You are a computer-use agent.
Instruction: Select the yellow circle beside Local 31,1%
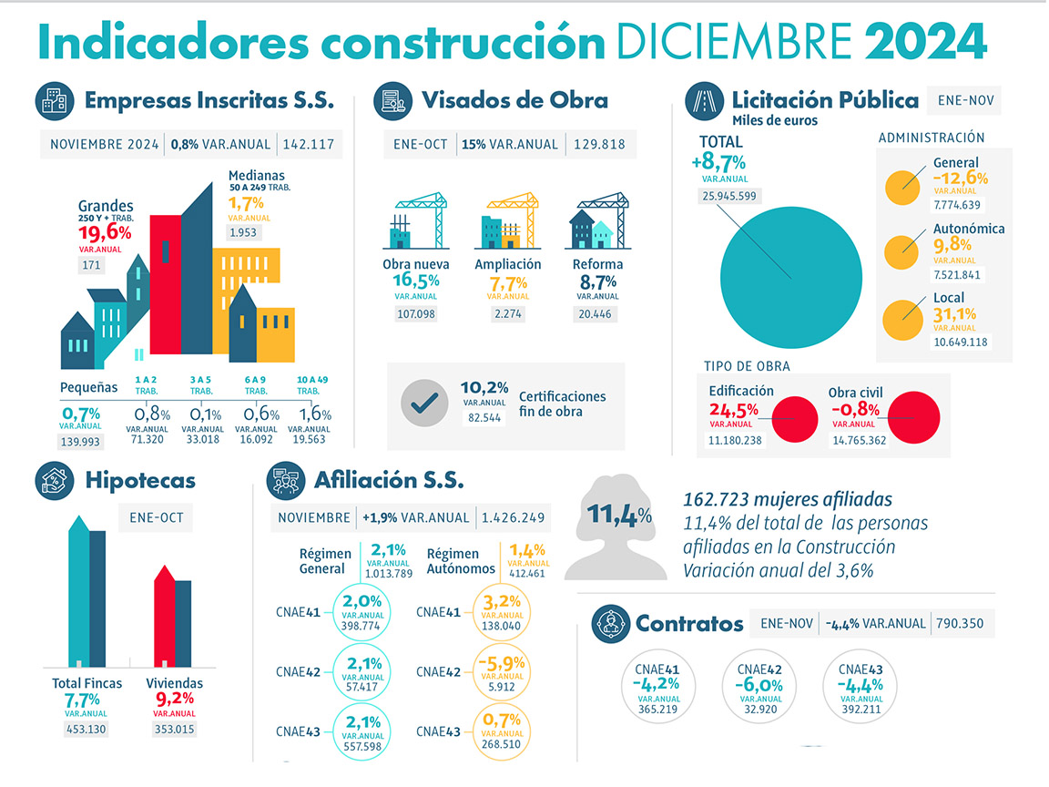point(901,319)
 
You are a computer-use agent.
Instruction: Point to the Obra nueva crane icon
point(417,221)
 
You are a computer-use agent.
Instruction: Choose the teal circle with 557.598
point(362,731)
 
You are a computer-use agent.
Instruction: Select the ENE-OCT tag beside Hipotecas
point(156,517)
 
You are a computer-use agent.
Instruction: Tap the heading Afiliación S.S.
point(388,479)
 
